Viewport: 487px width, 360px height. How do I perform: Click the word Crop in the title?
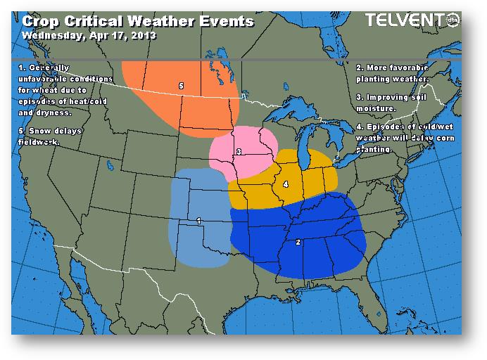click(42, 21)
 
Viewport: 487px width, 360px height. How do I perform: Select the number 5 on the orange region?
click(182, 86)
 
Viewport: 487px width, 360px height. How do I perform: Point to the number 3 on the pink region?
click(240, 151)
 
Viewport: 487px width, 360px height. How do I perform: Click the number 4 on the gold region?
click(285, 184)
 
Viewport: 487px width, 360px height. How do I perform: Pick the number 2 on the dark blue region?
click(299, 242)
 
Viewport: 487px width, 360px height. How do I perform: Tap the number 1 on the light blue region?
click(199, 221)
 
